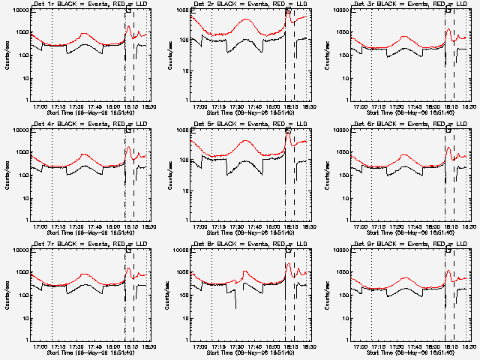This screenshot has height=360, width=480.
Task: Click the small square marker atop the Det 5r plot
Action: (288, 130)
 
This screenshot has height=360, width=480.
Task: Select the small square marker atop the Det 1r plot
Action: (128, 10)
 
